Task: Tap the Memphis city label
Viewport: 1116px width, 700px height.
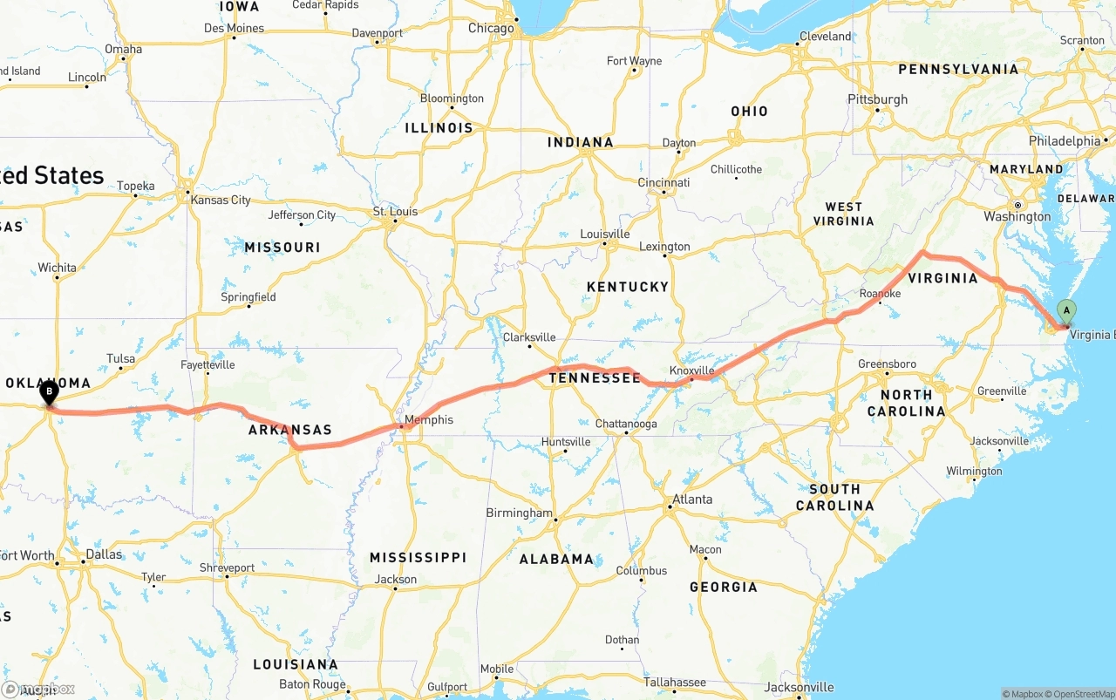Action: [429, 420]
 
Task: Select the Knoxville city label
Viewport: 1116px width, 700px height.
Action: [692, 370]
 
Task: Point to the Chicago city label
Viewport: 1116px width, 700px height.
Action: [491, 28]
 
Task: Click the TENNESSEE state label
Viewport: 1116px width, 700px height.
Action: [595, 377]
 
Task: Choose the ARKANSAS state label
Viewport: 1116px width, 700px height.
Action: [289, 430]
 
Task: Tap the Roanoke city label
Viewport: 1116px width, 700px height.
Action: [880, 294]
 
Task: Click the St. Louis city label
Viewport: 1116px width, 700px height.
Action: [395, 212]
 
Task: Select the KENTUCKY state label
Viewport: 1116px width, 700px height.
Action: [628, 287]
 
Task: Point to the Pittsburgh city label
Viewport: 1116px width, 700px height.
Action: [877, 99]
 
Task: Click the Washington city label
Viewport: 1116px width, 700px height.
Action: [1017, 216]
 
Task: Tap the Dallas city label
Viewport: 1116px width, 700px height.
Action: [104, 554]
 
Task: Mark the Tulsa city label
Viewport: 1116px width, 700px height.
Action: [121, 358]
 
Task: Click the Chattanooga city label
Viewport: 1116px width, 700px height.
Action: [626, 425]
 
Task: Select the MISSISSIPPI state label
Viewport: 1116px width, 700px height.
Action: [418, 557]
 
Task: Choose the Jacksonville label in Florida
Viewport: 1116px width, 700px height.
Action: [799, 688]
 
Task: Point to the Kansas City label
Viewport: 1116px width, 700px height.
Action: [221, 200]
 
